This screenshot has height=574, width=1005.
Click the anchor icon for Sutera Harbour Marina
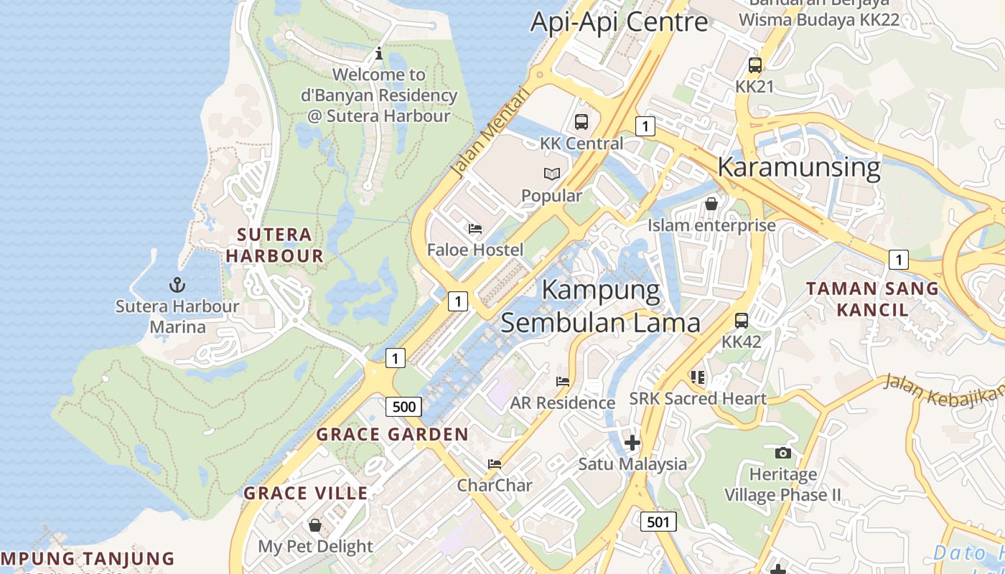point(177,285)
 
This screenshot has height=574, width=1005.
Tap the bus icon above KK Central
point(581,122)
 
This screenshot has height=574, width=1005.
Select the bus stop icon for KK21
point(754,65)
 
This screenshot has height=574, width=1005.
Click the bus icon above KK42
point(742,321)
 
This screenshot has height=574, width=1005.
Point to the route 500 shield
point(403,407)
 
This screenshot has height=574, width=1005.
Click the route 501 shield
point(658,522)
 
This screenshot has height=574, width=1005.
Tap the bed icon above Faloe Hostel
point(475,229)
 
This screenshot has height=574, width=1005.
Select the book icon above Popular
point(551,174)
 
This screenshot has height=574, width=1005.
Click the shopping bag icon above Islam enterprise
point(711,204)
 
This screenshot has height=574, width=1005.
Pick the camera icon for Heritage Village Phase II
point(783,453)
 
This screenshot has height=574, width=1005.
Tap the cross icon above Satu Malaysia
point(632,443)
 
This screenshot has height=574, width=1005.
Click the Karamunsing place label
point(798,167)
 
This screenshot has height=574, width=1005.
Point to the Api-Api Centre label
point(619,22)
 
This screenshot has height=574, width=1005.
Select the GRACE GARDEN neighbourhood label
point(392,434)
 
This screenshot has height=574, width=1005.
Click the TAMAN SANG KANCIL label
point(871,299)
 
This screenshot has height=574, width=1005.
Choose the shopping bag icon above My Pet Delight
point(314,525)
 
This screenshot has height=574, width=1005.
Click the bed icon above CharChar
point(495,464)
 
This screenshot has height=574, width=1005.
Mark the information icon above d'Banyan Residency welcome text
point(379,54)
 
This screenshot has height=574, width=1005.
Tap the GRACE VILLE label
point(306,493)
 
